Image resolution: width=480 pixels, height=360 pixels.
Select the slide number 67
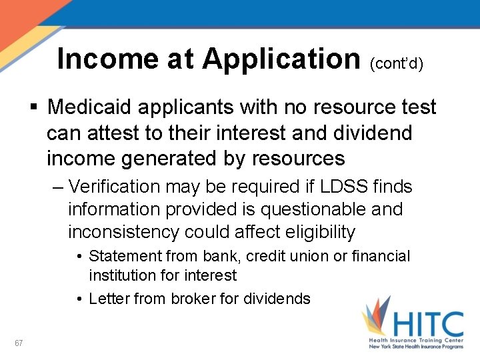(19, 343)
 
